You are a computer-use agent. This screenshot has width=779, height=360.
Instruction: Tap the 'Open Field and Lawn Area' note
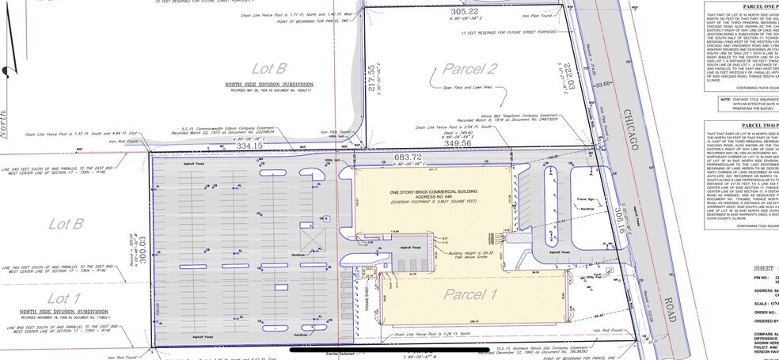coord(469,87)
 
